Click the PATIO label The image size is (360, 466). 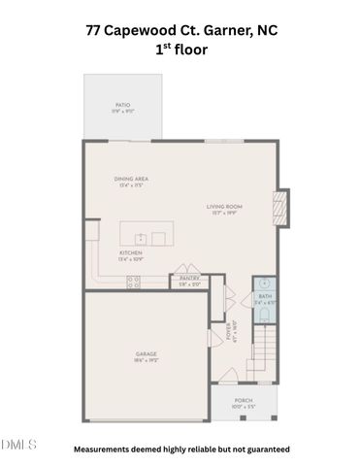(x=123, y=104)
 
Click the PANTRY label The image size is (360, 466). (x=189, y=279)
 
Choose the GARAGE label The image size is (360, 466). (x=147, y=352)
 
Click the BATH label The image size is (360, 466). (x=265, y=296)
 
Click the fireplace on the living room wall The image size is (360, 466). (x=280, y=207)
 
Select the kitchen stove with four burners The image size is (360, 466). (x=134, y=283)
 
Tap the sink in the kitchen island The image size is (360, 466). (x=142, y=237)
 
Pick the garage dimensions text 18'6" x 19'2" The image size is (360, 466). (x=147, y=359)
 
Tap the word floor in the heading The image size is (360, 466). (x=194, y=49)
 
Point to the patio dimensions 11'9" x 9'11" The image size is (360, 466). (x=123, y=111)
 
